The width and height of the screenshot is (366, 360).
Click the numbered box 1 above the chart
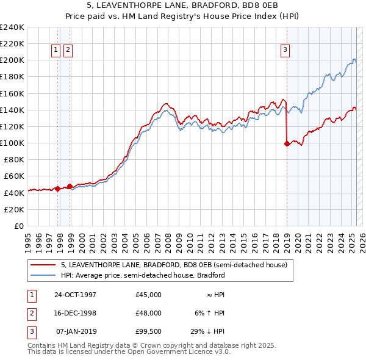[x=56, y=51]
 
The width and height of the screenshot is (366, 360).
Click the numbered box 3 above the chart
[x=285, y=51]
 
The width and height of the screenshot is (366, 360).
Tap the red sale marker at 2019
[x=287, y=144]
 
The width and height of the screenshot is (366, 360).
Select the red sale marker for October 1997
[x=57, y=189]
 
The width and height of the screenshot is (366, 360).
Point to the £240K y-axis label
[x=12, y=27]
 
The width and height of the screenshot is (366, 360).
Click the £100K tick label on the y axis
[x=12, y=143]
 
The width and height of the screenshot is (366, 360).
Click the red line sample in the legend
[x=43, y=265]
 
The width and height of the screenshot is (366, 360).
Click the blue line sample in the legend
[x=43, y=275]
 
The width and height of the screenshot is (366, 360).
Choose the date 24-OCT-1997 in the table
[x=75, y=295]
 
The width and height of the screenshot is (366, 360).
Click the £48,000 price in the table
[x=149, y=313]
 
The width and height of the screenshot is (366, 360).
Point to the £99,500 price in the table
[x=149, y=331]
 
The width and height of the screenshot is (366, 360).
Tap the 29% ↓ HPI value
[x=207, y=331]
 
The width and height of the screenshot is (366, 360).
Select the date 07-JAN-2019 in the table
[x=76, y=331]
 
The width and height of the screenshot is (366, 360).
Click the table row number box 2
[x=30, y=313]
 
